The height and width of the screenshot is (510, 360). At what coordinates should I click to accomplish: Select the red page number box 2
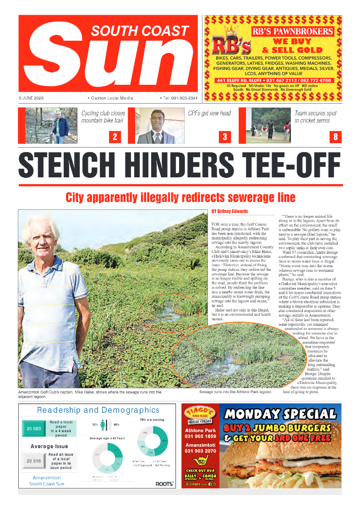[x=115, y=136]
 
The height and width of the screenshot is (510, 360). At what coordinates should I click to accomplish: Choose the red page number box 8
[x=335, y=136]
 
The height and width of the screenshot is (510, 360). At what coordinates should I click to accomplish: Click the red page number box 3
[x=224, y=136]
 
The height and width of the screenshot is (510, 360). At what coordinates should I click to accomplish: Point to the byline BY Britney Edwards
[x=229, y=211]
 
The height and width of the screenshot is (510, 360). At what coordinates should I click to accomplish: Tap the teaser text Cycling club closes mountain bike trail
[x=103, y=117]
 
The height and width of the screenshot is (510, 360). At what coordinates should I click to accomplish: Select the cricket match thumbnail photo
[x=267, y=126]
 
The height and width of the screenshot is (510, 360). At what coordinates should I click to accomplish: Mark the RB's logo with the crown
[x=231, y=42]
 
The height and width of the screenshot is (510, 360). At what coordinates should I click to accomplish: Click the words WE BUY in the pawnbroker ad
[x=292, y=42]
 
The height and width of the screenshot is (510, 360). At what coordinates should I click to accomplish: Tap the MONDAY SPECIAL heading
[x=280, y=414]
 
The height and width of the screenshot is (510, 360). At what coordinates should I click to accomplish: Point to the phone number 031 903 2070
[x=200, y=451]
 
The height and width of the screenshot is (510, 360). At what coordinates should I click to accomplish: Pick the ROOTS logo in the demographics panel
[x=164, y=483]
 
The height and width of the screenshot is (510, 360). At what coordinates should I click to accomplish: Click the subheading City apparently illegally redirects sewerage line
[x=180, y=197]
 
